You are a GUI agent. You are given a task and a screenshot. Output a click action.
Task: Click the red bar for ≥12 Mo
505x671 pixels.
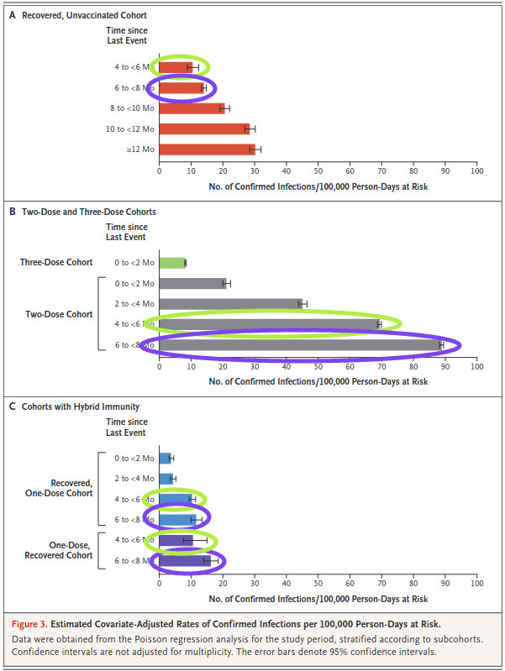[x=206, y=149]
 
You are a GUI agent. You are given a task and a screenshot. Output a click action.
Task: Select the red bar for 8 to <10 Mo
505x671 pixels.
[x=192, y=108]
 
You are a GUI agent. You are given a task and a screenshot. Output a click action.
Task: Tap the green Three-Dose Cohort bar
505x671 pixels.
[x=172, y=263]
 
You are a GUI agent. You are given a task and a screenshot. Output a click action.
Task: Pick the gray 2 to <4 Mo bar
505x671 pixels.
[x=229, y=304]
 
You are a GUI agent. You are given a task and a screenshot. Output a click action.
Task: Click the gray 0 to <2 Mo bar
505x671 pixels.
[x=192, y=283]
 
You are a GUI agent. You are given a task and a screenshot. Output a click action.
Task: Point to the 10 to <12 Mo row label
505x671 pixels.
[x=131, y=128]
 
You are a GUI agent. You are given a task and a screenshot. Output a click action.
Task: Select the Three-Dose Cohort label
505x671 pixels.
[x=56, y=263]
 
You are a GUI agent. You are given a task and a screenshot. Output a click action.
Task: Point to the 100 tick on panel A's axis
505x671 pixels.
[x=476, y=170]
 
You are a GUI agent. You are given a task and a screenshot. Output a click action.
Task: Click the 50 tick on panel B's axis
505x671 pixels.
[x=318, y=366]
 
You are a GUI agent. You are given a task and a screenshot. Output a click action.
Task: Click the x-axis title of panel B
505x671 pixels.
[x=318, y=381]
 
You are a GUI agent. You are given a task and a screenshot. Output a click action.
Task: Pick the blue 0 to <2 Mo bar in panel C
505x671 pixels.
[x=165, y=458]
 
